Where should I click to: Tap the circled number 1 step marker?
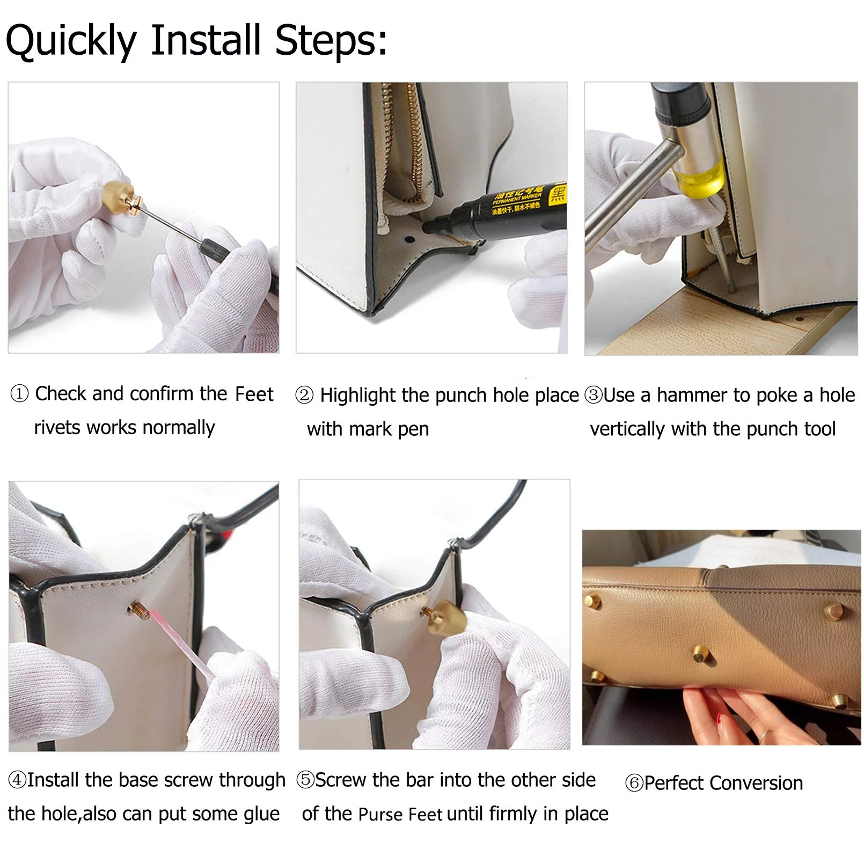pos(19,394)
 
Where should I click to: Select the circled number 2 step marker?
pos(304,396)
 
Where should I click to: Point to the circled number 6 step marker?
pos(634,783)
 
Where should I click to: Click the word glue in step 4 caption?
pos(262,814)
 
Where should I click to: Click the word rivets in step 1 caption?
pos(58,428)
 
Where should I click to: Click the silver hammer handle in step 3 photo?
pos(631,193)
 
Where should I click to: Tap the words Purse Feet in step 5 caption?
pos(400,815)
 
